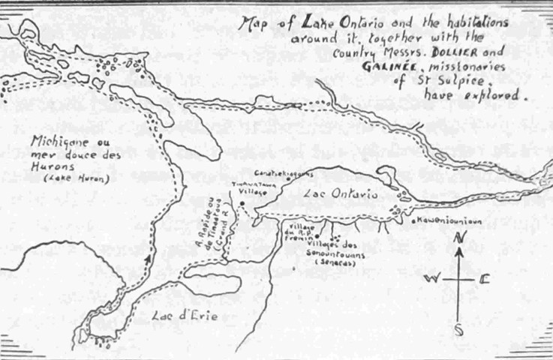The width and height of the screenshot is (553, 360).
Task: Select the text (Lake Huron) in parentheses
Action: pyautogui.click(x=66, y=178)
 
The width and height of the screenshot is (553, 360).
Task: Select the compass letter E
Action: pyautogui.click(x=485, y=279)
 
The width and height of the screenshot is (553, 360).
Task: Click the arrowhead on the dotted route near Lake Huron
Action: pyautogui.click(x=150, y=258)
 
